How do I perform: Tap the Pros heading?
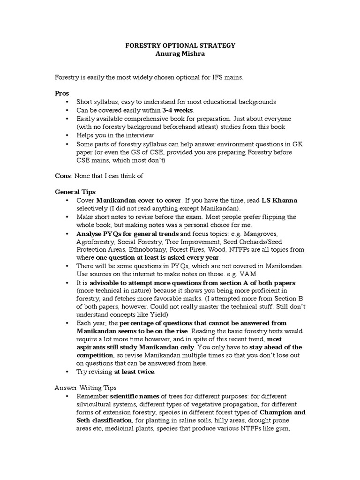pyautogui.click(x=62, y=94)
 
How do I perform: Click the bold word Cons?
pyautogui.click(x=63, y=176)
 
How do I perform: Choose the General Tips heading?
pyautogui.click(x=75, y=192)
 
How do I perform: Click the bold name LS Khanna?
pyautogui.click(x=279, y=200)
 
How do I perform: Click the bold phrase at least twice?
pyautogui.click(x=134, y=372)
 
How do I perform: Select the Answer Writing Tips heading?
pyautogui.click(x=85, y=388)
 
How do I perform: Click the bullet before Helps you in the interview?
pyautogui.click(x=67, y=135)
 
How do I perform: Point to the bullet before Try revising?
pyautogui.click(x=67, y=372)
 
